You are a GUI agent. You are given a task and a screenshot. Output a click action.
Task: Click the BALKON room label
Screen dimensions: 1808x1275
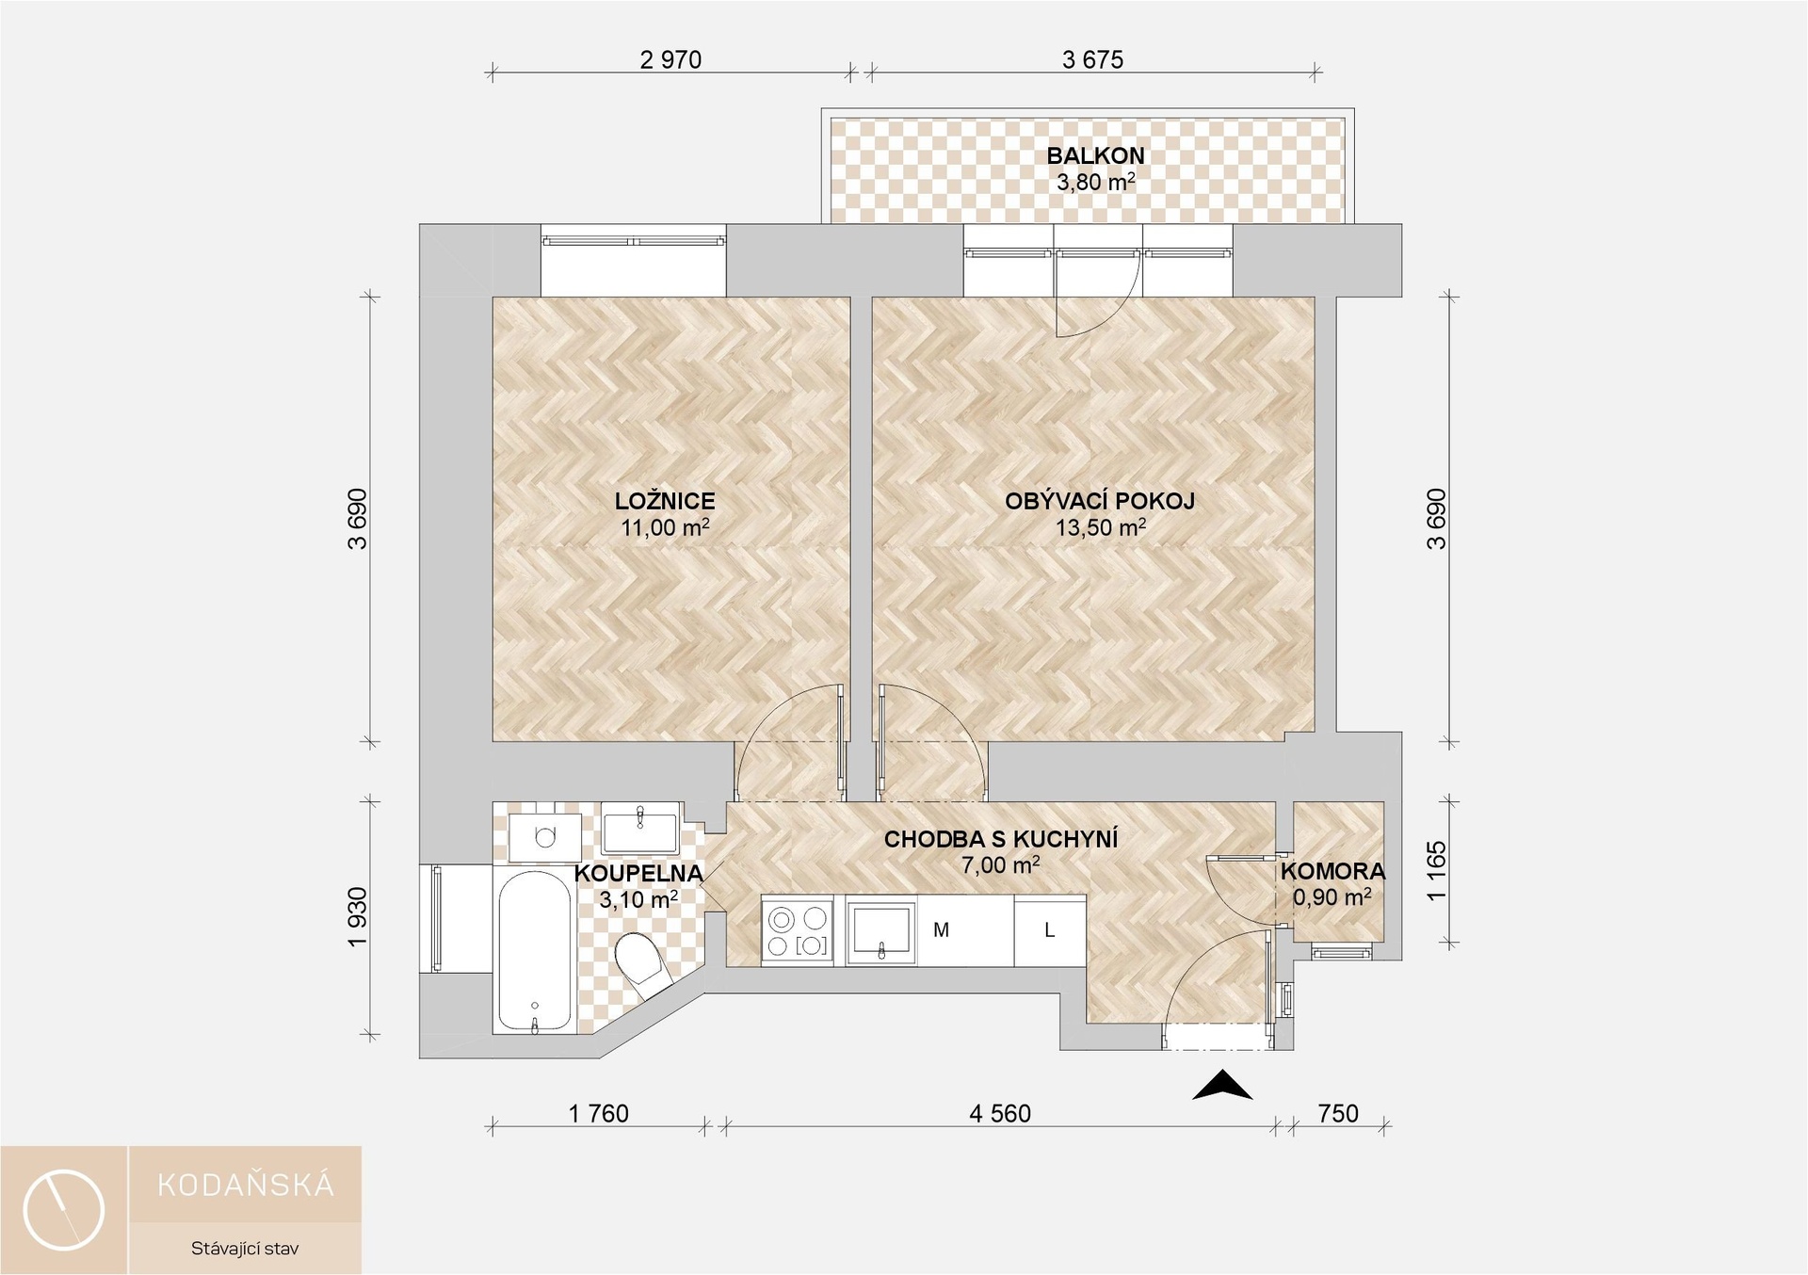[x=1095, y=155]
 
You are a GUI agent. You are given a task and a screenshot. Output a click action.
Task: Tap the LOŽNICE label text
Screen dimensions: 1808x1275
[x=665, y=501]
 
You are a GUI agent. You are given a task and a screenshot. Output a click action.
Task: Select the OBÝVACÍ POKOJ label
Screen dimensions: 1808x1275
[x=1100, y=501]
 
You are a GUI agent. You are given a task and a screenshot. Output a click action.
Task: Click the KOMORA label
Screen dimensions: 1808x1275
[x=1332, y=872]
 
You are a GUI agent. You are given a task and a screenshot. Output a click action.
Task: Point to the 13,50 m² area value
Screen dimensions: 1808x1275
[x=1100, y=527]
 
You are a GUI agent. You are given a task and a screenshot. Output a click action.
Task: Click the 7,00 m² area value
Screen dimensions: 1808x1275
[x=1000, y=864]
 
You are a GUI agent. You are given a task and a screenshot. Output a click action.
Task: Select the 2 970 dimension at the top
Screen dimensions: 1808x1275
[x=670, y=60]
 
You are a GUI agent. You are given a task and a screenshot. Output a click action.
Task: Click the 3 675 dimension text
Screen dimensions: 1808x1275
[x=1092, y=60]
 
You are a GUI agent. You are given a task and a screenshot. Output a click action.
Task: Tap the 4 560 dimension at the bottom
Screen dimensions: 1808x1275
[x=1000, y=1114]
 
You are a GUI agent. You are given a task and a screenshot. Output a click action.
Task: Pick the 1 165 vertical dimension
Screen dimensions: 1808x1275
[x=1436, y=871]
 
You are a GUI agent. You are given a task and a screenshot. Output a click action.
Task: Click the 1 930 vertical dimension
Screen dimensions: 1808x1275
[x=358, y=918]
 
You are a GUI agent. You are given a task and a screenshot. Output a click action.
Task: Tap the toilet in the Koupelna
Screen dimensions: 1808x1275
[x=642, y=962]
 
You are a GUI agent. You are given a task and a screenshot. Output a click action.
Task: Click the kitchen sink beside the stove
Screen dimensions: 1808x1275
[x=880, y=930]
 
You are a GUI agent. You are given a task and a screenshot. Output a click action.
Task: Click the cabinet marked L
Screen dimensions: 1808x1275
[x=1050, y=930]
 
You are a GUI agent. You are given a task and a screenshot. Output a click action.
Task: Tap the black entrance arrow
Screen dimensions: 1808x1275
[x=1222, y=1086]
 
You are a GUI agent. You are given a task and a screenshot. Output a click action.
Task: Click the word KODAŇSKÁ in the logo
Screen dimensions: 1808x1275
[x=246, y=1184]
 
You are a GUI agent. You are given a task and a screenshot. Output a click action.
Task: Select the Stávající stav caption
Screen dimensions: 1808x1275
[x=245, y=1249]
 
